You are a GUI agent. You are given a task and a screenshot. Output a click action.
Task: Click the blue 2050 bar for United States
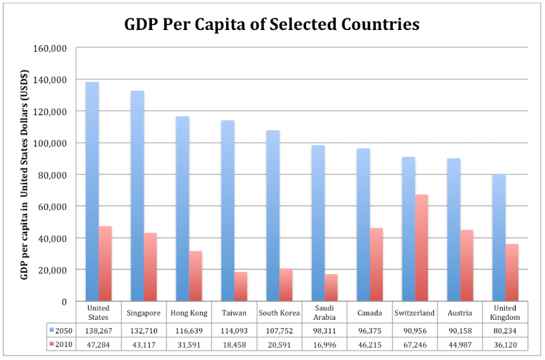92,192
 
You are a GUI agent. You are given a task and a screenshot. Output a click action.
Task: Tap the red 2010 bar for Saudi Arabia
331,287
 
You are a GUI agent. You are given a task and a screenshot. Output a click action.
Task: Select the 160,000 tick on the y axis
56,48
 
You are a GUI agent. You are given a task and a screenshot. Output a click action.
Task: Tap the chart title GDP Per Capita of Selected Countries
272,25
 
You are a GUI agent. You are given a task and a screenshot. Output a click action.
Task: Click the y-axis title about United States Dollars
25,175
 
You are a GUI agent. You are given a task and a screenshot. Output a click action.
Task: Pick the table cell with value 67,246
414,345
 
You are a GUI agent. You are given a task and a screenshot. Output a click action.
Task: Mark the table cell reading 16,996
324,345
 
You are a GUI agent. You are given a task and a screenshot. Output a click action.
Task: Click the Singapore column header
144,313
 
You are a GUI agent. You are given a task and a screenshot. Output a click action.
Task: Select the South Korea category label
279,313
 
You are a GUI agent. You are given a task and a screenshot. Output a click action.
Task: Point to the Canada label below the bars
369,313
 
